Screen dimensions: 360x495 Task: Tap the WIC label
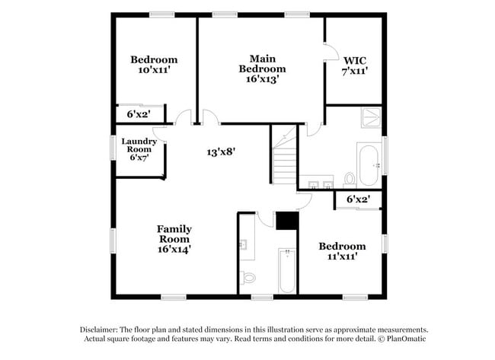pos(355,59)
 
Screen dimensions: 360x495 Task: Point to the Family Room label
pos(174,229)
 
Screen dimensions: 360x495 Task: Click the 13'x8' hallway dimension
pos(222,151)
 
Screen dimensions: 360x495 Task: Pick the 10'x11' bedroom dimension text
pos(154,70)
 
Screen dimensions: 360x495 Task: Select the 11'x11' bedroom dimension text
pos(342,256)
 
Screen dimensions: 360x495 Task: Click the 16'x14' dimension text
pos(174,248)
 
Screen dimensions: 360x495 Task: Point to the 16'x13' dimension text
pos(262,79)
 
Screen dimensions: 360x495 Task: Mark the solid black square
pos(286,220)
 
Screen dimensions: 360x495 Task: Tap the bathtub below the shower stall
pos(369,164)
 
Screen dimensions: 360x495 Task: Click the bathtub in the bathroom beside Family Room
pos(286,270)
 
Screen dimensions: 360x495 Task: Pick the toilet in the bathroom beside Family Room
pos(248,278)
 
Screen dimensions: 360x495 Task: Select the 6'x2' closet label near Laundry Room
pos(137,114)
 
